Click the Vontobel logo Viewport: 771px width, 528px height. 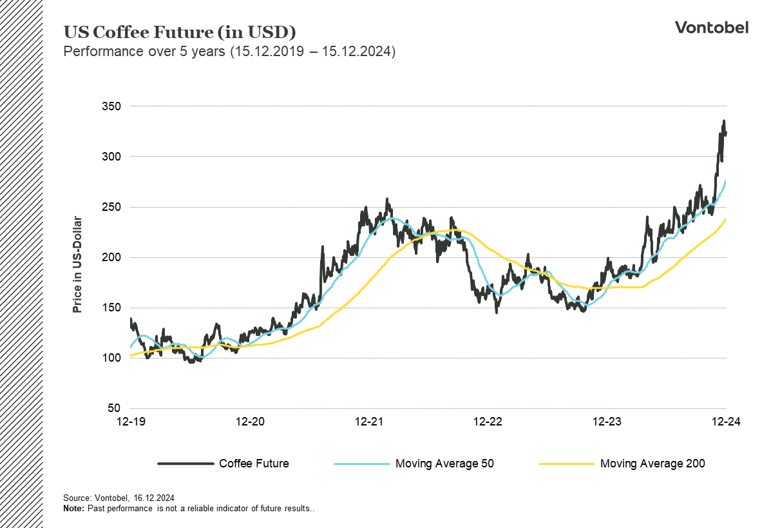pos(711,27)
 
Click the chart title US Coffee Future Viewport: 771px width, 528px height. pos(180,32)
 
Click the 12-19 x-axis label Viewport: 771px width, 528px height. pos(131,422)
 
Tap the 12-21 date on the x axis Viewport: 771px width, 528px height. pos(368,422)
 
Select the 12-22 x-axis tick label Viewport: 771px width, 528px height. pos(488,422)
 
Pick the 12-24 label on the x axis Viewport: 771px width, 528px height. pos(726,422)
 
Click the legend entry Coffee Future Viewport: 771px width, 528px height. pos(254,463)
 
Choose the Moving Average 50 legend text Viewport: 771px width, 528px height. pos(444,463)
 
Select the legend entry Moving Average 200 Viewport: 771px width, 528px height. pos(652,463)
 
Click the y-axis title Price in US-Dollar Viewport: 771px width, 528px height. pos(77,264)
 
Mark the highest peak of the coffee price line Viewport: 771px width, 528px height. pos(723,121)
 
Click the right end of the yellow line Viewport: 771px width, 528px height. pos(726,219)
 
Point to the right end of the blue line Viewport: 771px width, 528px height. pos(726,181)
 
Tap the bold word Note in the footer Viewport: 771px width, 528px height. pos(73,509)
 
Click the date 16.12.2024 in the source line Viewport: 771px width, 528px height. pos(154,498)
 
